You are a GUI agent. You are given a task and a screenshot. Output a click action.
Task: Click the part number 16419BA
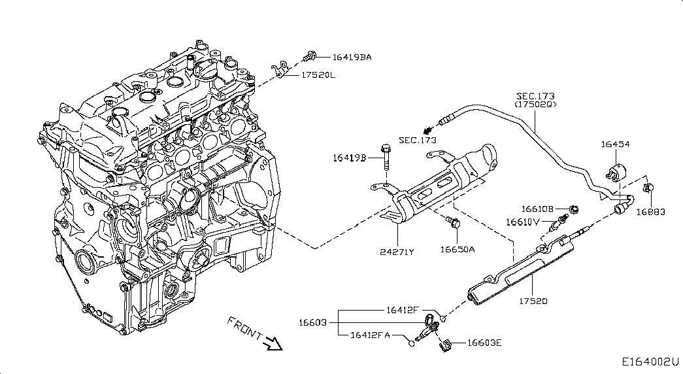pyautogui.click(x=352, y=58)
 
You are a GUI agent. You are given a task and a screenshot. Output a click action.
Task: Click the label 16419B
pyautogui.click(x=350, y=158)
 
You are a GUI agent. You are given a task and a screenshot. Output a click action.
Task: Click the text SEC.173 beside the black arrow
pyautogui.click(x=417, y=140)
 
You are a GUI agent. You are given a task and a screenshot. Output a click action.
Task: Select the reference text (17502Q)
pyautogui.click(x=535, y=105)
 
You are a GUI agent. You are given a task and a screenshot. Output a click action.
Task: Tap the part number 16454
pyautogui.click(x=616, y=144)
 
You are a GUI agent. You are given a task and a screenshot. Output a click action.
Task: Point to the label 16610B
pyautogui.click(x=537, y=209)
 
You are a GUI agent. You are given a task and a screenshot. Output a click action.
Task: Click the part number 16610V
pyautogui.click(x=523, y=222)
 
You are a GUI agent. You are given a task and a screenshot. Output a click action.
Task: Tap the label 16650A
pyautogui.click(x=457, y=249)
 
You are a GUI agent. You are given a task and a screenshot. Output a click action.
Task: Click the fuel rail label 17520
pyautogui.click(x=533, y=301)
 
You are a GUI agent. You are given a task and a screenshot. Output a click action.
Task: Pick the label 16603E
pyautogui.click(x=484, y=342)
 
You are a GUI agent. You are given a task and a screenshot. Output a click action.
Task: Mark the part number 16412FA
pyautogui.click(x=370, y=335)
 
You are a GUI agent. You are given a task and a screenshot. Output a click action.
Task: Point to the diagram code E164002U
pyautogui.click(x=650, y=360)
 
